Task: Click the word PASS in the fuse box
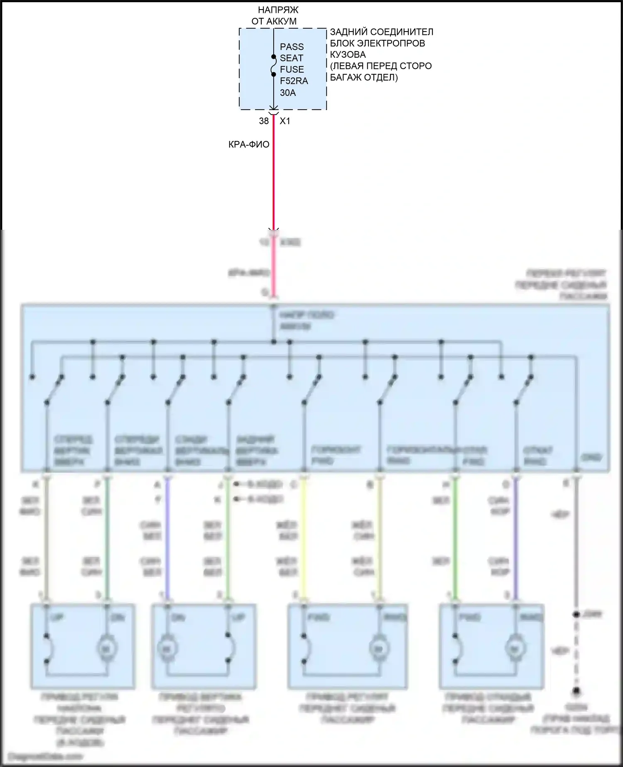coord(292,47)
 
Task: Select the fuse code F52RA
coord(294,81)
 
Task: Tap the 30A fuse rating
coord(288,93)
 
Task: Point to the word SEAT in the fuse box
coord(291,58)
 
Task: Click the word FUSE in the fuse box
coord(292,69)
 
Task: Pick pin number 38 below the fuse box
coord(264,121)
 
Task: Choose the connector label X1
coord(285,121)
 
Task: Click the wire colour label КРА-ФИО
coord(249,144)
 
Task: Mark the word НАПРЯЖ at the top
coord(278,10)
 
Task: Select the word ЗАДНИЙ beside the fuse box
coord(348,32)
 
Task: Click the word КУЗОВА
coord(348,54)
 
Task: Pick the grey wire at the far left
coord(47,540)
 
